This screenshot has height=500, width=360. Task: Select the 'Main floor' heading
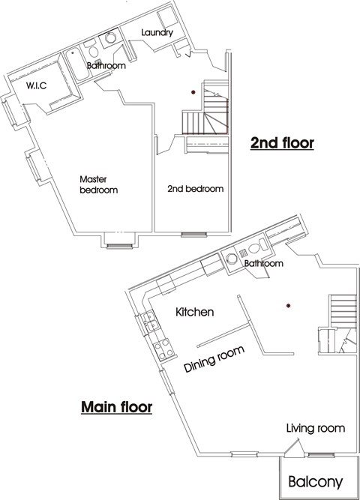coord(116,408)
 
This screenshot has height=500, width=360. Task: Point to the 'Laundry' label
coord(157,33)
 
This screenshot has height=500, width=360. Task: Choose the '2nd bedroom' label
coord(195,189)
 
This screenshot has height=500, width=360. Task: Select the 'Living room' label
coord(315,428)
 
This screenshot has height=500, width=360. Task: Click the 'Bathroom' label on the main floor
coord(263,264)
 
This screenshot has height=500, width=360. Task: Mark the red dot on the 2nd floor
coord(194,93)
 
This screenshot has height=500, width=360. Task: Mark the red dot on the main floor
coord(287,305)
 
